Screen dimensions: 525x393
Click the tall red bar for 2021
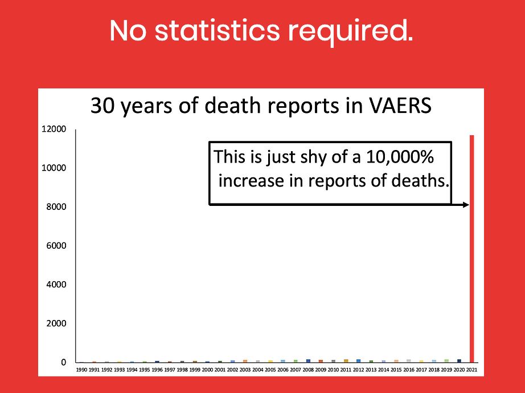tap(471, 249)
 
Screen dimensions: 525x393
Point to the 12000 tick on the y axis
tap(54, 129)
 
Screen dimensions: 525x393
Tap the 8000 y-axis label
tap(56, 207)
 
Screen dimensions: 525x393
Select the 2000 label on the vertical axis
tap(56, 323)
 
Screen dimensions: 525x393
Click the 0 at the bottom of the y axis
tap(64, 363)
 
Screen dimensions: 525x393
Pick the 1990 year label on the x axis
tap(81, 370)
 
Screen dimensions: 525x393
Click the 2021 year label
tap(471, 370)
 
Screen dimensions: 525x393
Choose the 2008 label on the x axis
tap(308, 370)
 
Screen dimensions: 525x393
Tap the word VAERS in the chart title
tap(400, 106)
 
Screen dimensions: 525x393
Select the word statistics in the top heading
tap(217, 31)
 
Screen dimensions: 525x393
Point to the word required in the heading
tap(351, 32)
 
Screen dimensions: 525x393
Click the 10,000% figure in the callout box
tap(400, 157)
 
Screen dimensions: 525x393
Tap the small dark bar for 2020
tap(459, 361)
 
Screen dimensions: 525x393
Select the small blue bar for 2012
tap(359, 361)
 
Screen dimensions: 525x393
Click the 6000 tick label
tap(56, 246)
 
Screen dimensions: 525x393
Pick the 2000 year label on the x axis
tap(207, 370)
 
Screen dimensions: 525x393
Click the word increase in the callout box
tap(247, 181)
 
